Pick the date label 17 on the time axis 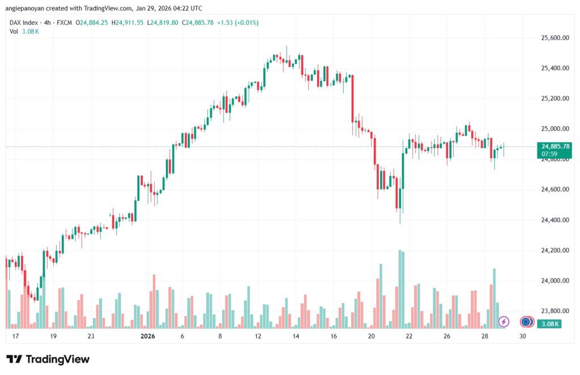(x=15, y=336)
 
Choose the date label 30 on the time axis (x=522, y=336)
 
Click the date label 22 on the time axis (x=409, y=336)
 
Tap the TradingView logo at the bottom (x=48, y=359)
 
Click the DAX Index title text (x=24, y=23)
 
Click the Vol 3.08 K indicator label (x=24, y=31)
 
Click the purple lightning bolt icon (x=504, y=322)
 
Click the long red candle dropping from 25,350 (x=352, y=99)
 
